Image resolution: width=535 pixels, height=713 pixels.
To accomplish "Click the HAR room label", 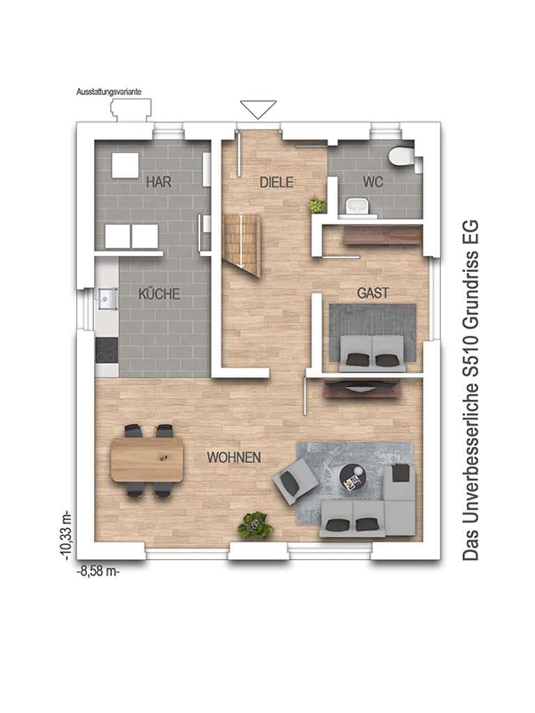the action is (x=159, y=182).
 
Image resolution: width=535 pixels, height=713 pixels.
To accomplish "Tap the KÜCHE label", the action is (x=160, y=294).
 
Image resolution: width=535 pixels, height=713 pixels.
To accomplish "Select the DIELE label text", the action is (x=277, y=182).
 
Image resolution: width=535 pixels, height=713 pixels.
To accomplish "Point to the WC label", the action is (x=373, y=182).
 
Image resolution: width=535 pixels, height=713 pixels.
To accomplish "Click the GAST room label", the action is (x=373, y=293).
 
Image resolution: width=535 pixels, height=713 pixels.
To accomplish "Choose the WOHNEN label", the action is (x=234, y=457).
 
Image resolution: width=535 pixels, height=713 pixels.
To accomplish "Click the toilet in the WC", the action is (x=401, y=156).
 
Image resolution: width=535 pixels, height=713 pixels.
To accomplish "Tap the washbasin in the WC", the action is (x=357, y=206).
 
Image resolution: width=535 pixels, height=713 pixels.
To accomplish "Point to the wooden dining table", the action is (x=148, y=460).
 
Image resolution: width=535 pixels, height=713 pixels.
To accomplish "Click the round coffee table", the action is (x=352, y=478).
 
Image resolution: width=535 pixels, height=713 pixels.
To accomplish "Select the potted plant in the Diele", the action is (x=317, y=205).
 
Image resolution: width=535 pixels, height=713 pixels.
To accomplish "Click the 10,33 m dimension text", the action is (x=67, y=535).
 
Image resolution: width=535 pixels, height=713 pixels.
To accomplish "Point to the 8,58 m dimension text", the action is (x=98, y=571).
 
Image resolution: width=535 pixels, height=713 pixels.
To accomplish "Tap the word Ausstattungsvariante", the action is (x=109, y=92).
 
